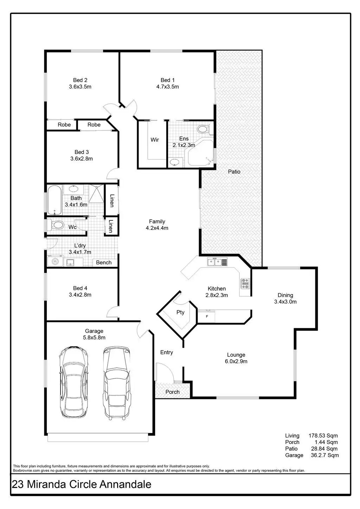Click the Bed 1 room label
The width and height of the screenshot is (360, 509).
coord(167,80)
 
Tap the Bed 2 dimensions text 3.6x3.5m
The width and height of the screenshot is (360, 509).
coord(80,86)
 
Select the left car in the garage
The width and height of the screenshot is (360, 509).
coord(73,381)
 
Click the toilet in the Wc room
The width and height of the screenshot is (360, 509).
coord(56,225)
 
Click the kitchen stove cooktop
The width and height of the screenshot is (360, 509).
coord(245,283)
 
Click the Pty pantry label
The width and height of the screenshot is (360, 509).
coord(180,312)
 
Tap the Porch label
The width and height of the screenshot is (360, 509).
coord(172,392)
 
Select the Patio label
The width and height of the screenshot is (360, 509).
coord(234,172)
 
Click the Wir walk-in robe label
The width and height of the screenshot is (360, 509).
coord(155,140)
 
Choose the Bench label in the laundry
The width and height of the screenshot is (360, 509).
coord(104,262)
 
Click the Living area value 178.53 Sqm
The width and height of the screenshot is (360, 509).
coord(323,436)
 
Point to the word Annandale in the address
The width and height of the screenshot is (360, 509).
coord(126,484)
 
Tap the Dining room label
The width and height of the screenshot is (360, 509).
coord(285,295)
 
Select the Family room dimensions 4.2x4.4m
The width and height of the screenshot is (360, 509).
coord(157,228)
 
